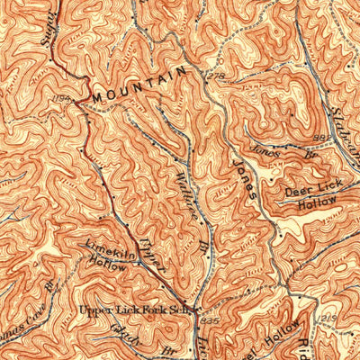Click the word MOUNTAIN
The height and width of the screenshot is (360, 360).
138,84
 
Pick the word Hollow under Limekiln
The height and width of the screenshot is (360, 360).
108,265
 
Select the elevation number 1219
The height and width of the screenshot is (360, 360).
328,319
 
